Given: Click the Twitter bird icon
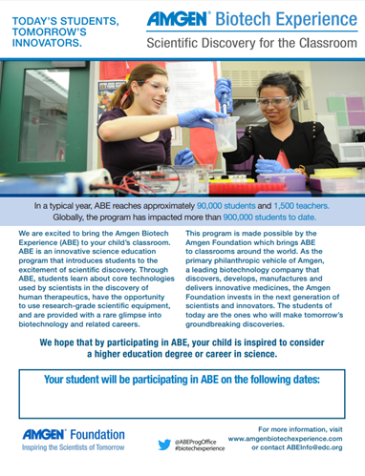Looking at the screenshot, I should [x=165, y=444].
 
